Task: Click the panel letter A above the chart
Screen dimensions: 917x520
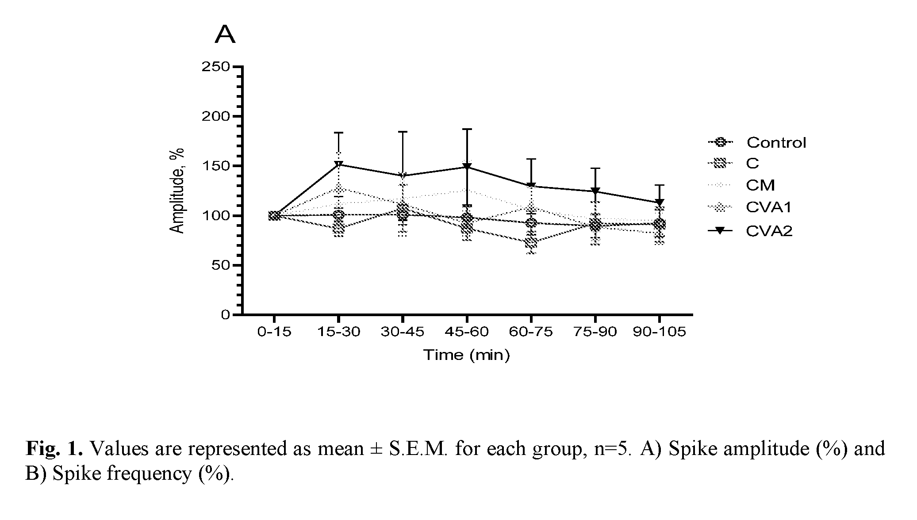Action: (x=225, y=35)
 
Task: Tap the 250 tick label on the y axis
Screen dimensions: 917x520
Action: (x=215, y=67)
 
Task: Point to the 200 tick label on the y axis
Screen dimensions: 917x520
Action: (x=215, y=116)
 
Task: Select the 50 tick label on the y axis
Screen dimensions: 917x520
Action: (x=220, y=265)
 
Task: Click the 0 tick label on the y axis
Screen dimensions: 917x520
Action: (x=225, y=315)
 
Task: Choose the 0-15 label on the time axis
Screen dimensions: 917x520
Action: (x=274, y=332)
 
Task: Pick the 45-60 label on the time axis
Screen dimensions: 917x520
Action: (x=467, y=332)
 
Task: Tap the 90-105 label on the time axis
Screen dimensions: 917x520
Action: (x=659, y=332)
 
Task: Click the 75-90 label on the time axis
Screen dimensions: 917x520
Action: (x=595, y=332)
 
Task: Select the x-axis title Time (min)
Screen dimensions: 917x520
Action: (x=467, y=355)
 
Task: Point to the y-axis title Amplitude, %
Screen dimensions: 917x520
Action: (x=177, y=191)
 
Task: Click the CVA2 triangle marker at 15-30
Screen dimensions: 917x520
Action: (x=338, y=164)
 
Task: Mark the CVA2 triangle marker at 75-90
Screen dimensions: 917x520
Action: (x=595, y=191)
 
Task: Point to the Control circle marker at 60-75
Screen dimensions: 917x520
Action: (x=531, y=223)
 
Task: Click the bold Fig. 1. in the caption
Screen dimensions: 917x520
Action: (x=54, y=449)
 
